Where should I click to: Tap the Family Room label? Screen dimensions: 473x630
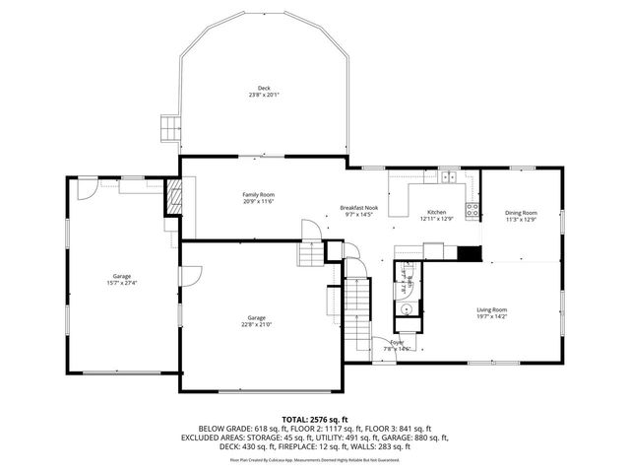point(259,195)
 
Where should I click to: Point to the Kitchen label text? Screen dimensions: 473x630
point(436,212)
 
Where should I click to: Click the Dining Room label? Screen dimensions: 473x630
point(521,212)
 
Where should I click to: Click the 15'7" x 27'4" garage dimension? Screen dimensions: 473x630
point(122,283)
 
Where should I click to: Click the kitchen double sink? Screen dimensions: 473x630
point(450,177)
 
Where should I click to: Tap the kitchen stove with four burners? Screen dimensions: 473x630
point(472,209)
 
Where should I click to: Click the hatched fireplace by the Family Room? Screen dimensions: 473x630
point(173,194)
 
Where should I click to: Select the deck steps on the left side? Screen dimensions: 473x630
point(170,128)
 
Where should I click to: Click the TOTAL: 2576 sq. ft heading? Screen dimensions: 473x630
point(315,419)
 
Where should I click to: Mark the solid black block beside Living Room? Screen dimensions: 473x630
point(472,252)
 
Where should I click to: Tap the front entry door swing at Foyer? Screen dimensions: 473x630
point(384,345)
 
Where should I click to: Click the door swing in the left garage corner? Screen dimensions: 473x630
point(86,187)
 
